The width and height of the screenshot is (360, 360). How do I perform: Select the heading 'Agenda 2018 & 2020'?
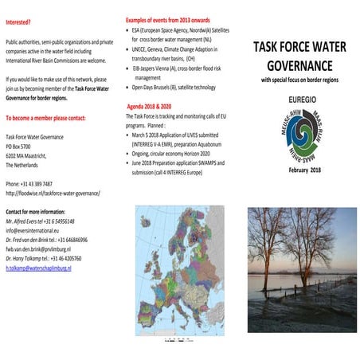coord(155,107)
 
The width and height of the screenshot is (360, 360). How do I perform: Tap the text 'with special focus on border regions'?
coord(302,80)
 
